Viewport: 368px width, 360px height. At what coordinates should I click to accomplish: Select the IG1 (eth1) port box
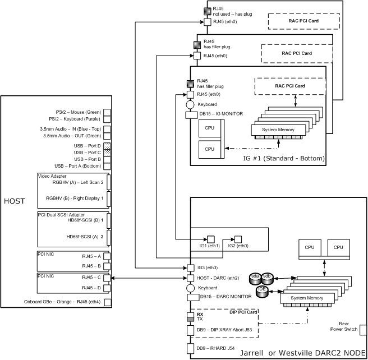tap(211, 238)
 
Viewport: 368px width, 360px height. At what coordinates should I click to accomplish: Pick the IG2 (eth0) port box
tap(238, 238)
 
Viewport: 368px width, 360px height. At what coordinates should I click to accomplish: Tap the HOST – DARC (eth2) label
tap(219, 278)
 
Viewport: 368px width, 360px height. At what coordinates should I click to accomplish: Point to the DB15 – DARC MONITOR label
tap(222, 296)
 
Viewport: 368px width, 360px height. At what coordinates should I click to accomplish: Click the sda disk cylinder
tap(255, 276)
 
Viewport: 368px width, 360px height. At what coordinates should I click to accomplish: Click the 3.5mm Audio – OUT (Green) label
tap(72, 135)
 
